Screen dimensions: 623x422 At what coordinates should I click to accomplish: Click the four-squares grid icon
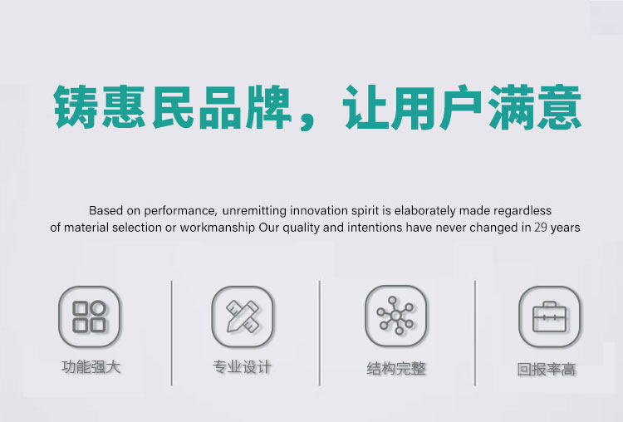(90, 316)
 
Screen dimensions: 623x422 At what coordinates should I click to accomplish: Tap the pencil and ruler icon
(243, 316)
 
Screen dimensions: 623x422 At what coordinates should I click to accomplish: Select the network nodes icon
(395, 316)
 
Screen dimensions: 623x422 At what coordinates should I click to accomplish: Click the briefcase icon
(550, 316)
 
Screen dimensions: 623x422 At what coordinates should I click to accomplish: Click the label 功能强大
(91, 367)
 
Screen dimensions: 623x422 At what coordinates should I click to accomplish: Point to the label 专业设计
(242, 367)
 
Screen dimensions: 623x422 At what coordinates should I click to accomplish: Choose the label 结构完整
(396, 368)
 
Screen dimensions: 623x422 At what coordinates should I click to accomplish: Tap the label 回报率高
(547, 369)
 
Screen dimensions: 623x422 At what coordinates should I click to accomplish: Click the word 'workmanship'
(217, 228)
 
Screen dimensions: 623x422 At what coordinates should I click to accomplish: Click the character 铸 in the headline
(76, 106)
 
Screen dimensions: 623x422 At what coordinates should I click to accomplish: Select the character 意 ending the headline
(559, 106)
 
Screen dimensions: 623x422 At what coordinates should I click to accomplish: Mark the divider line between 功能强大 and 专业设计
(172, 333)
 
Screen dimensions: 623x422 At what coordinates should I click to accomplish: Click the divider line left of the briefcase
(475, 333)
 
